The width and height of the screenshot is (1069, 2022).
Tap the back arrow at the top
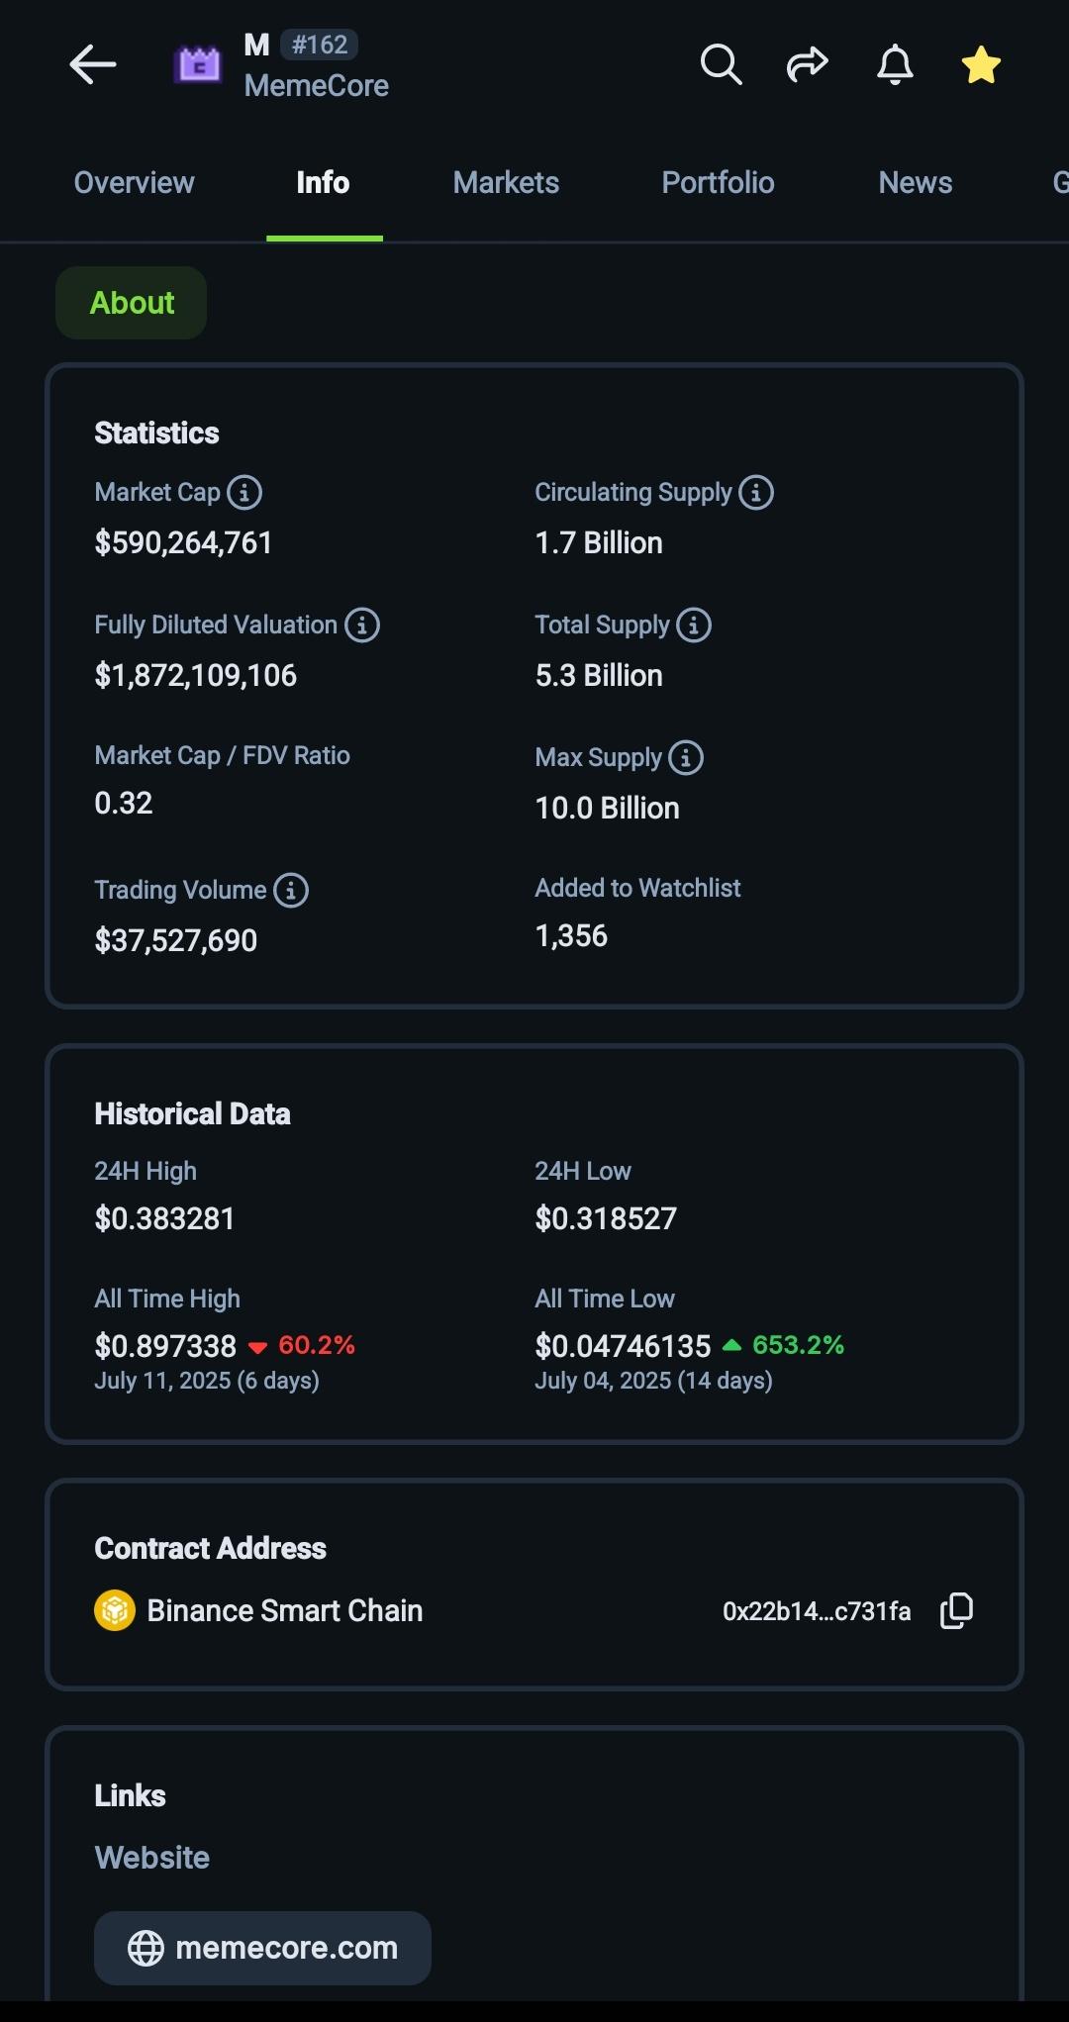click(93, 65)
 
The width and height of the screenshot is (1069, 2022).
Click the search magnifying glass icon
click(721, 65)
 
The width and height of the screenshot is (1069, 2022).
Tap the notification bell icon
click(895, 65)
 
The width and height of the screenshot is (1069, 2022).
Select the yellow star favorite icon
click(981, 65)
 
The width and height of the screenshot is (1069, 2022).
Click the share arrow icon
click(807, 65)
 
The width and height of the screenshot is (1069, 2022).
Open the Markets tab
click(506, 183)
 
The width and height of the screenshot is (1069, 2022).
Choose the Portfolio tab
click(718, 183)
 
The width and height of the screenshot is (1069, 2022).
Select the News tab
click(915, 183)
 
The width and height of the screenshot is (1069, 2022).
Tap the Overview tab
click(134, 183)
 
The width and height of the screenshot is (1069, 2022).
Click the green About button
click(132, 303)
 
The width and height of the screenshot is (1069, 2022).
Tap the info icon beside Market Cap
click(244, 492)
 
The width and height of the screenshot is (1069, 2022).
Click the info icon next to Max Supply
click(686, 757)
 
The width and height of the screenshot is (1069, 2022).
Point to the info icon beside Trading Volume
click(291, 890)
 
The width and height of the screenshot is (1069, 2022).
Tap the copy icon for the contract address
click(956, 1610)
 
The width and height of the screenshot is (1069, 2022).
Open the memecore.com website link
click(262, 1948)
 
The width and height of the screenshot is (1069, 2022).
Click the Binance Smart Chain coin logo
click(115, 1610)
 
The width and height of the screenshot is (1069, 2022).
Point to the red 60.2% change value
click(316, 1345)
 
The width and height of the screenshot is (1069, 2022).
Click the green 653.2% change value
click(798, 1345)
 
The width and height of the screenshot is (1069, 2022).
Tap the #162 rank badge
click(320, 45)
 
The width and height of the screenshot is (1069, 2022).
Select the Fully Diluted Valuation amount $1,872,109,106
click(196, 676)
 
